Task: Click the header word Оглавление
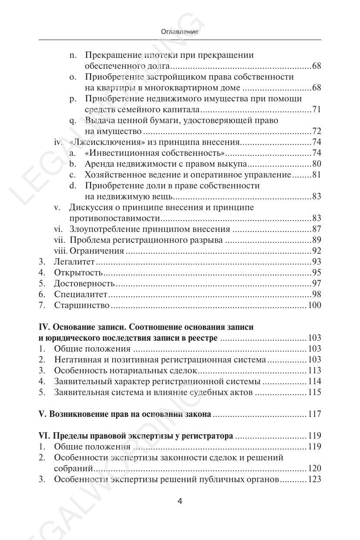[x=180, y=32]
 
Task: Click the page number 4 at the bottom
[x=180, y=501]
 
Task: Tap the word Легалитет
[x=74, y=262]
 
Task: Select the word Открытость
[x=78, y=272]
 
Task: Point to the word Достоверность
[x=84, y=283]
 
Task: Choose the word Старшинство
[x=81, y=305]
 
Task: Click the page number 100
[x=314, y=305]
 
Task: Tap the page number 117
[x=314, y=414]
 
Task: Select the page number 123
[x=314, y=479]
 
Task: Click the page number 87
[x=316, y=229]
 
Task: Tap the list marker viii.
[x=61, y=251]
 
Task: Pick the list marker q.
[x=73, y=121]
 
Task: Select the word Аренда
[x=98, y=164]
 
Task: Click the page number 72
[x=316, y=131]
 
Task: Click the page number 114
[x=314, y=381]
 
